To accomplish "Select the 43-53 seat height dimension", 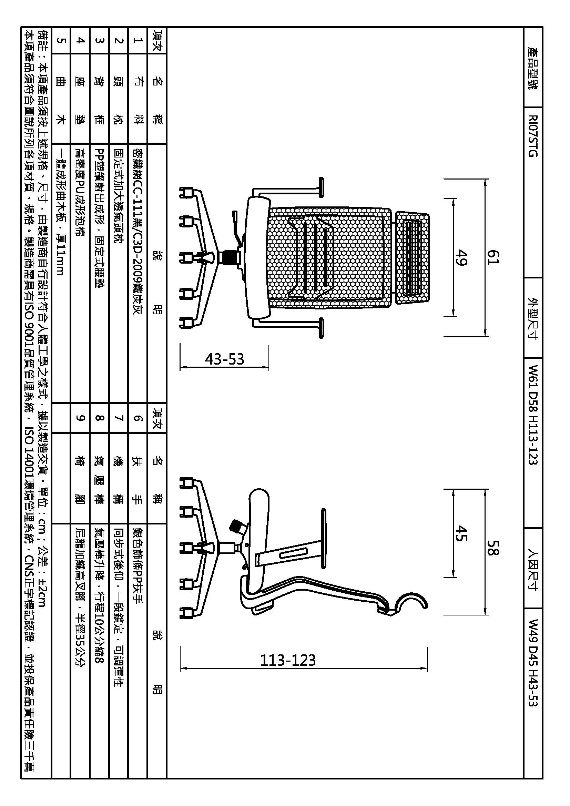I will (x=224, y=359).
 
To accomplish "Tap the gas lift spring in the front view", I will (x=227, y=257).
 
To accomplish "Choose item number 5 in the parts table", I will (x=61, y=41).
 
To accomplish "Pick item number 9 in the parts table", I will (x=80, y=418).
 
